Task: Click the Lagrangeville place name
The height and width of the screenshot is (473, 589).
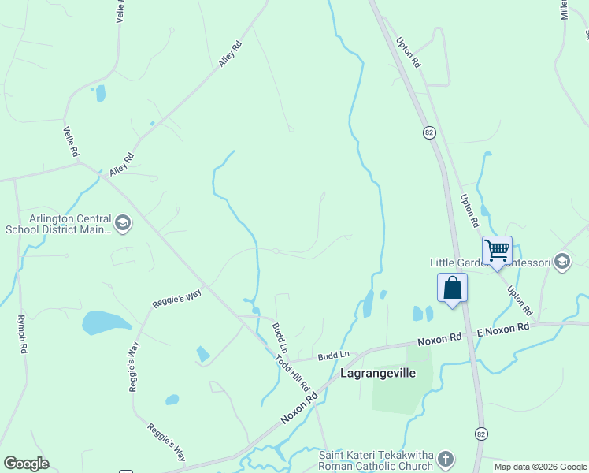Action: point(377,373)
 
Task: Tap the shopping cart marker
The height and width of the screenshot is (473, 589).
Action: point(497,251)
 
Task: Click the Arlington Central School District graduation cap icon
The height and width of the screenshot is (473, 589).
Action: point(123,224)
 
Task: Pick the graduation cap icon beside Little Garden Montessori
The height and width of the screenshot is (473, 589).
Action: point(561,261)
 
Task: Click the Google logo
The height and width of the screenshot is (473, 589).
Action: point(26,464)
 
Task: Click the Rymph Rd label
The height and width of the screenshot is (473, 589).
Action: point(22,334)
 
